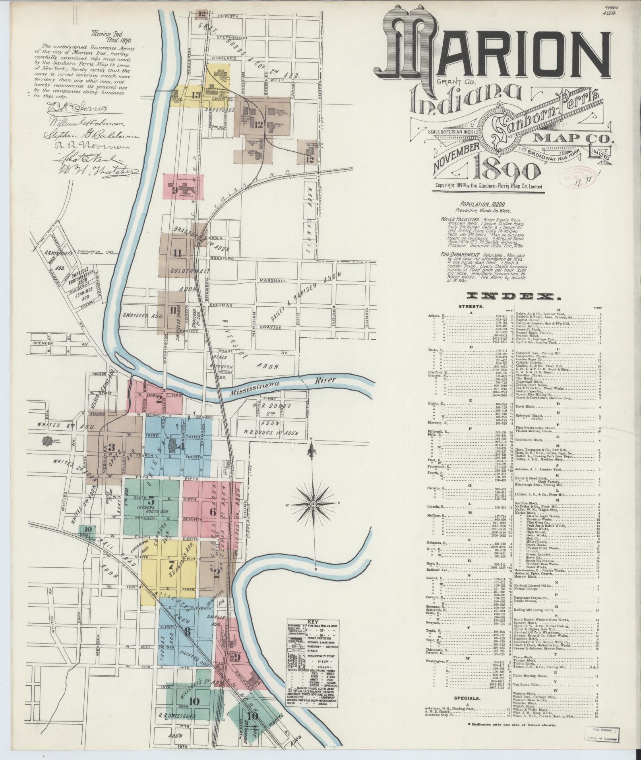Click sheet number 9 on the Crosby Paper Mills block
(x=174, y=190)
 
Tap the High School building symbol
(x=48, y=441)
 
